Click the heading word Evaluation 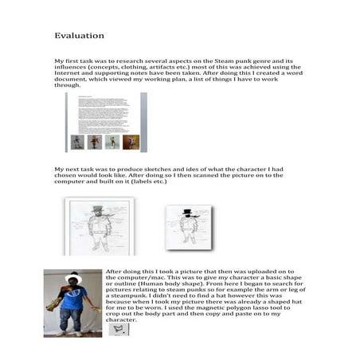coord(79,37)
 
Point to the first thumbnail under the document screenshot coord(77,142)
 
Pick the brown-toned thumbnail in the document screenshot coord(131,142)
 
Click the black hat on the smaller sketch coord(188,213)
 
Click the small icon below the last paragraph coord(119,327)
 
